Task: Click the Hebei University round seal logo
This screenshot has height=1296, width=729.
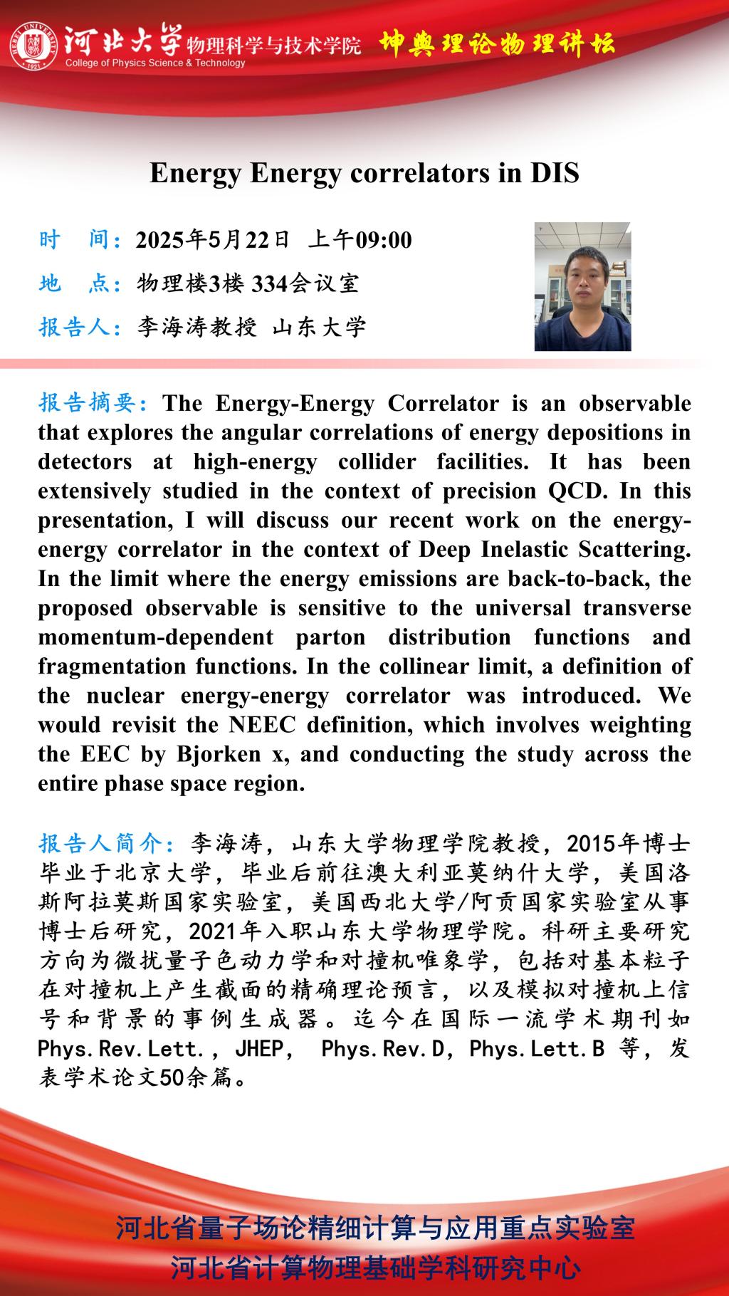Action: click(x=33, y=46)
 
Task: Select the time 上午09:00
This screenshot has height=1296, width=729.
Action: click(x=360, y=240)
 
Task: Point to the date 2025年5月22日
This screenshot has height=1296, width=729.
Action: click(x=213, y=240)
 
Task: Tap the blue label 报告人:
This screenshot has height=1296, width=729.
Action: click(x=80, y=327)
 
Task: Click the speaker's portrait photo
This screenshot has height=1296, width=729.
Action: click(x=582, y=286)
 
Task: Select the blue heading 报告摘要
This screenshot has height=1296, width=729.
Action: click(x=93, y=403)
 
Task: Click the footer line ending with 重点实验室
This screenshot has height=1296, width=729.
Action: click(x=375, y=1229)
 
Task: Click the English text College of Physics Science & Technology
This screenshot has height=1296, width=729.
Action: click(x=155, y=63)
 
